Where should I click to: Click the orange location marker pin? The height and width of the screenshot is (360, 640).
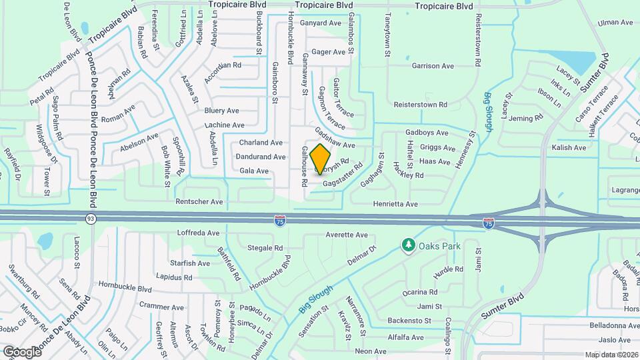(x=321, y=159)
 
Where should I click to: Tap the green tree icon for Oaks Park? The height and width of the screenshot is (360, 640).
(x=408, y=246)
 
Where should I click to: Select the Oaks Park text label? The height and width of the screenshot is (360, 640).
(x=440, y=246)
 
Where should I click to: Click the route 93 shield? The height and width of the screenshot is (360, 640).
(x=91, y=218)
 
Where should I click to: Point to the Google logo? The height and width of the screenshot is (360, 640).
(x=22, y=351)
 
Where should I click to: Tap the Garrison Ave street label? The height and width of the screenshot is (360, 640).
(x=433, y=66)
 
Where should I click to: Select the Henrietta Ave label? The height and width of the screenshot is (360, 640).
(x=394, y=203)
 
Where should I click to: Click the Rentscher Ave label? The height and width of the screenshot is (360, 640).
(x=199, y=201)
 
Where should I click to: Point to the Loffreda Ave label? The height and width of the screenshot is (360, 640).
(x=198, y=233)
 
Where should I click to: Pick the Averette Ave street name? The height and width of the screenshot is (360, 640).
(x=347, y=235)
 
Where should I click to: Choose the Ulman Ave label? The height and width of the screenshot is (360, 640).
(x=615, y=23)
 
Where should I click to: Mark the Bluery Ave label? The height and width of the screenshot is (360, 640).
(x=221, y=111)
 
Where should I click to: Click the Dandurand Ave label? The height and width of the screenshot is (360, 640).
(x=261, y=157)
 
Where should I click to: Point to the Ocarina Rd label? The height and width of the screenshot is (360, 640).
(x=420, y=292)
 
